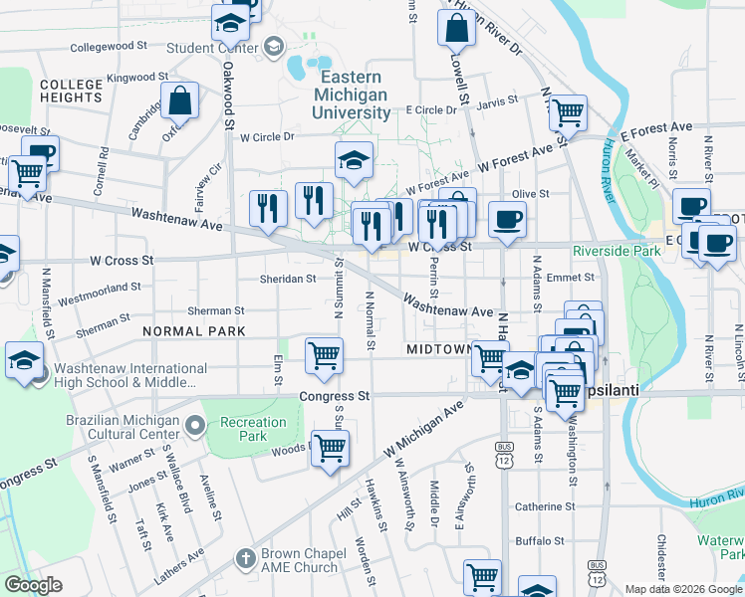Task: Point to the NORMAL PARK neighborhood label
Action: tap(193, 329)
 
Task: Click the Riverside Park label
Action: tap(618, 252)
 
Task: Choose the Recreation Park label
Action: tap(252, 429)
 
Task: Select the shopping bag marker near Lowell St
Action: tap(455, 30)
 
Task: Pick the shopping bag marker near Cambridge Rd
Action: tap(179, 99)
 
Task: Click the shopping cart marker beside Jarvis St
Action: tap(567, 113)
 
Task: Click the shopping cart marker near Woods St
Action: tap(330, 448)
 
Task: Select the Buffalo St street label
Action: tap(539, 541)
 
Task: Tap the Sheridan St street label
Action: tap(288, 280)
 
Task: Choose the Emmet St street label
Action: tap(570, 278)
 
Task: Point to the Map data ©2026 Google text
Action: tap(682, 588)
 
